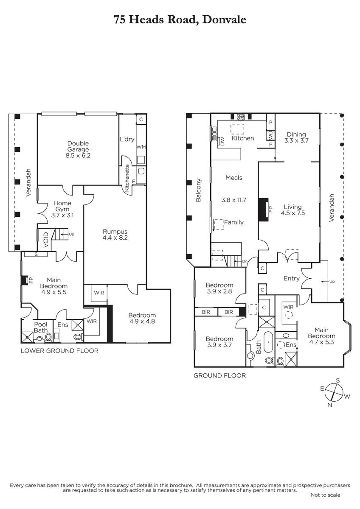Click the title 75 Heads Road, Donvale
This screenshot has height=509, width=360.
[x=180, y=19]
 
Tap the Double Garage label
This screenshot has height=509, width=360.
[x=78, y=149]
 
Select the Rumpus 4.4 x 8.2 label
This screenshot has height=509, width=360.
[x=115, y=235]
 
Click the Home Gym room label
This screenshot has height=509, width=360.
[x=62, y=209]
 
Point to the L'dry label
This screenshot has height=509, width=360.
[x=127, y=139]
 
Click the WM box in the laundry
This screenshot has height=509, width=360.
[x=141, y=147]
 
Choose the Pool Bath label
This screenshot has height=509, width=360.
[x=40, y=327]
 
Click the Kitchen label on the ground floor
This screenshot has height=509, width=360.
[x=242, y=138]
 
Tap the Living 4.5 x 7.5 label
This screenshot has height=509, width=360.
[x=293, y=210]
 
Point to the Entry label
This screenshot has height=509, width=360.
[x=291, y=279]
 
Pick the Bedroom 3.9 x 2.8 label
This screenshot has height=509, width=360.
[x=219, y=288]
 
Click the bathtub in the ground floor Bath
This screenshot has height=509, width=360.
[x=268, y=342]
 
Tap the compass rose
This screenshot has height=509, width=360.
[x=335, y=392]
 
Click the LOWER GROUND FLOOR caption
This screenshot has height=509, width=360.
[x=59, y=351]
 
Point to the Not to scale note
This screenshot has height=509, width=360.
[x=325, y=495]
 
